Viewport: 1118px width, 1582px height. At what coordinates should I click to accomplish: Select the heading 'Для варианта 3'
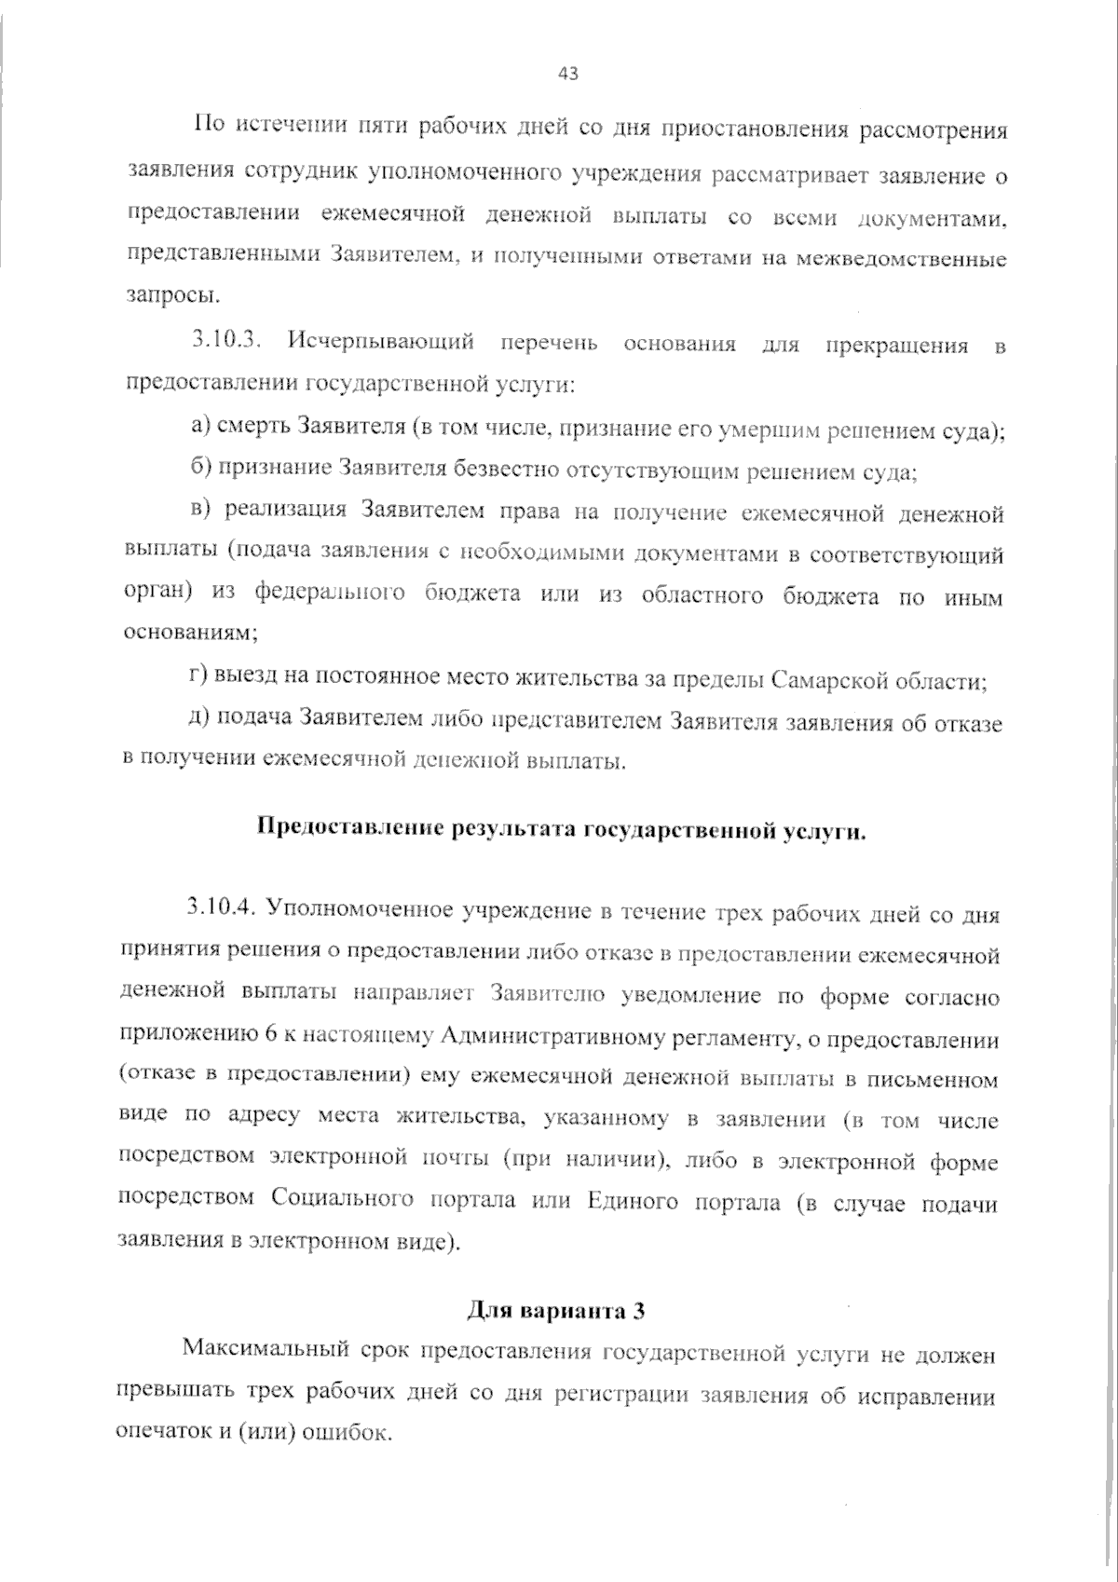[555, 1311]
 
